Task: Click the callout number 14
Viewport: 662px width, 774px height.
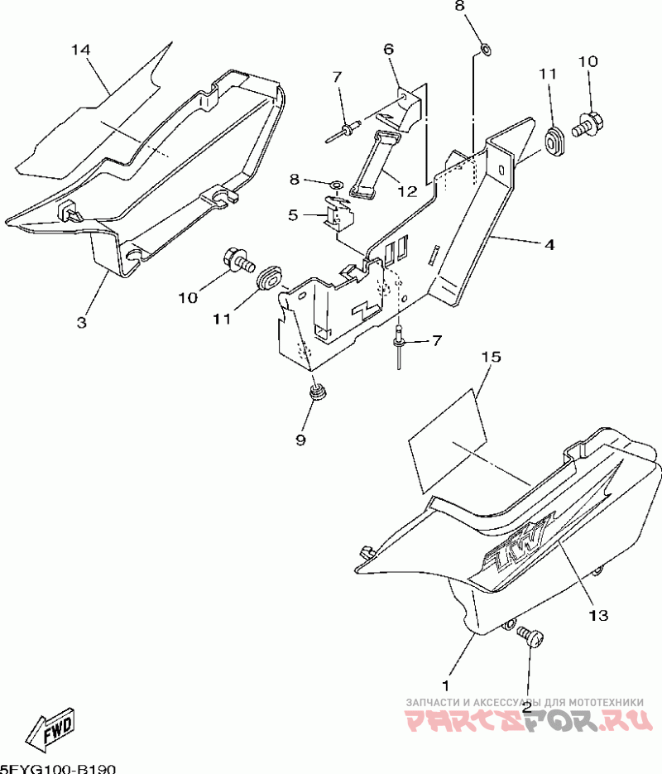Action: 79,50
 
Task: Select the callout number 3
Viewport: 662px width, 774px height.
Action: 81,322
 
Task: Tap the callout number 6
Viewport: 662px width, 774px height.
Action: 387,49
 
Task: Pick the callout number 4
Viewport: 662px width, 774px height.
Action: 549,245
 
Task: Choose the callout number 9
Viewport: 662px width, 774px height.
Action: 300,440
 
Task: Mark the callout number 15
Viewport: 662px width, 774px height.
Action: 491,357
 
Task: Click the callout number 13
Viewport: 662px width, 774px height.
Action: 597,615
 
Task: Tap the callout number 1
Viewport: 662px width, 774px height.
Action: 445,685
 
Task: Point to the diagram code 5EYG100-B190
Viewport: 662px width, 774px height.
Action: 58,768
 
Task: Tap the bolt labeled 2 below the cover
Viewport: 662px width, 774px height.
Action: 530,637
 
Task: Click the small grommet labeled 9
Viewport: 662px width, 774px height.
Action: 314,392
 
